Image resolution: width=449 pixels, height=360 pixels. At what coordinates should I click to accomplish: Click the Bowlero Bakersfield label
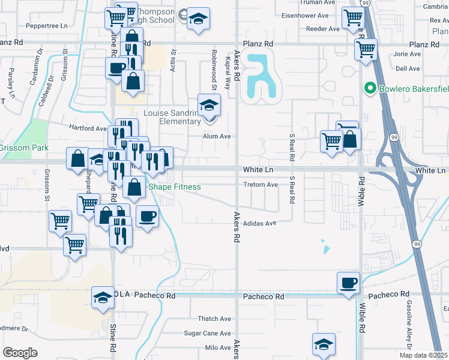point(413,90)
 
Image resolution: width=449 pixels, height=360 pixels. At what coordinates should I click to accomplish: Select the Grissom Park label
point(24,147)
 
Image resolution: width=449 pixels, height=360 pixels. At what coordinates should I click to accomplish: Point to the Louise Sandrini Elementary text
point(172,117)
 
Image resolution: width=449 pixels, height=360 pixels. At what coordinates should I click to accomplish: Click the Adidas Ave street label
point(259,223)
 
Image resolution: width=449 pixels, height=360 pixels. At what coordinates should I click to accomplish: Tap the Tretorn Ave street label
point(261,185)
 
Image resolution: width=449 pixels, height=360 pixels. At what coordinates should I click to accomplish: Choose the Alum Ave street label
point(217,136)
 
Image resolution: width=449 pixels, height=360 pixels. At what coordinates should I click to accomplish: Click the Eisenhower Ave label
point(305,15)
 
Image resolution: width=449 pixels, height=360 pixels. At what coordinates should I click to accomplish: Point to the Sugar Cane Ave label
point(207,333)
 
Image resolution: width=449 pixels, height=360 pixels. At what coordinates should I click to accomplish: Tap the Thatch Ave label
point(215,319)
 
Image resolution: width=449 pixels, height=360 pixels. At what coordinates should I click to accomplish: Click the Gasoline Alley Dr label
point(408,335)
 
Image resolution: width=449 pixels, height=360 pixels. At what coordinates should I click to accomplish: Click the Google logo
point(20,353)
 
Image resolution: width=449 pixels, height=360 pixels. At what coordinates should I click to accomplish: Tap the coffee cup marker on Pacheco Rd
point(348,283)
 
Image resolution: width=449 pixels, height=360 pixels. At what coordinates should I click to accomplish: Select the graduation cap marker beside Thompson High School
point(197,19)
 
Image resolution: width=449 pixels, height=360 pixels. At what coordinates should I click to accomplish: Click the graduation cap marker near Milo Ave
point(324,345)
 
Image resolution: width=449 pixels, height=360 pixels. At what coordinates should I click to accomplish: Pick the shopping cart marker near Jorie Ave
point(365,49)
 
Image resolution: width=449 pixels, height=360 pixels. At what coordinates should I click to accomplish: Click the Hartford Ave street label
point(88,128)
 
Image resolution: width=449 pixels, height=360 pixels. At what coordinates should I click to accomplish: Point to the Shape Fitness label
point(174,187)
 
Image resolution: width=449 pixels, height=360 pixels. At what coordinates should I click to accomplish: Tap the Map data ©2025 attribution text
point(424,355)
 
